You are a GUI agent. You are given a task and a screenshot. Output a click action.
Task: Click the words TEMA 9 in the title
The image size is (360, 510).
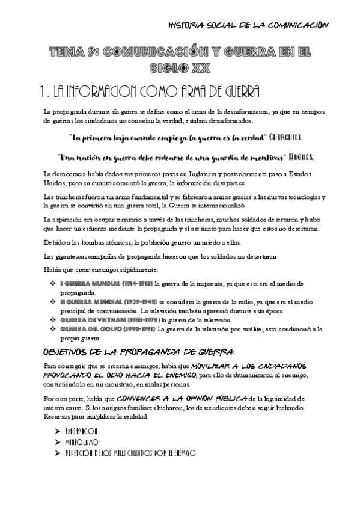coord(69,53)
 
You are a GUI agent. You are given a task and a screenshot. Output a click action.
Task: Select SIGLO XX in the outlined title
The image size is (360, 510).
coord(180,68)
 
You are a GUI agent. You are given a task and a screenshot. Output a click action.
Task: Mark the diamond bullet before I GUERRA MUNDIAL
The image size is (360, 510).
coord(53,283)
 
